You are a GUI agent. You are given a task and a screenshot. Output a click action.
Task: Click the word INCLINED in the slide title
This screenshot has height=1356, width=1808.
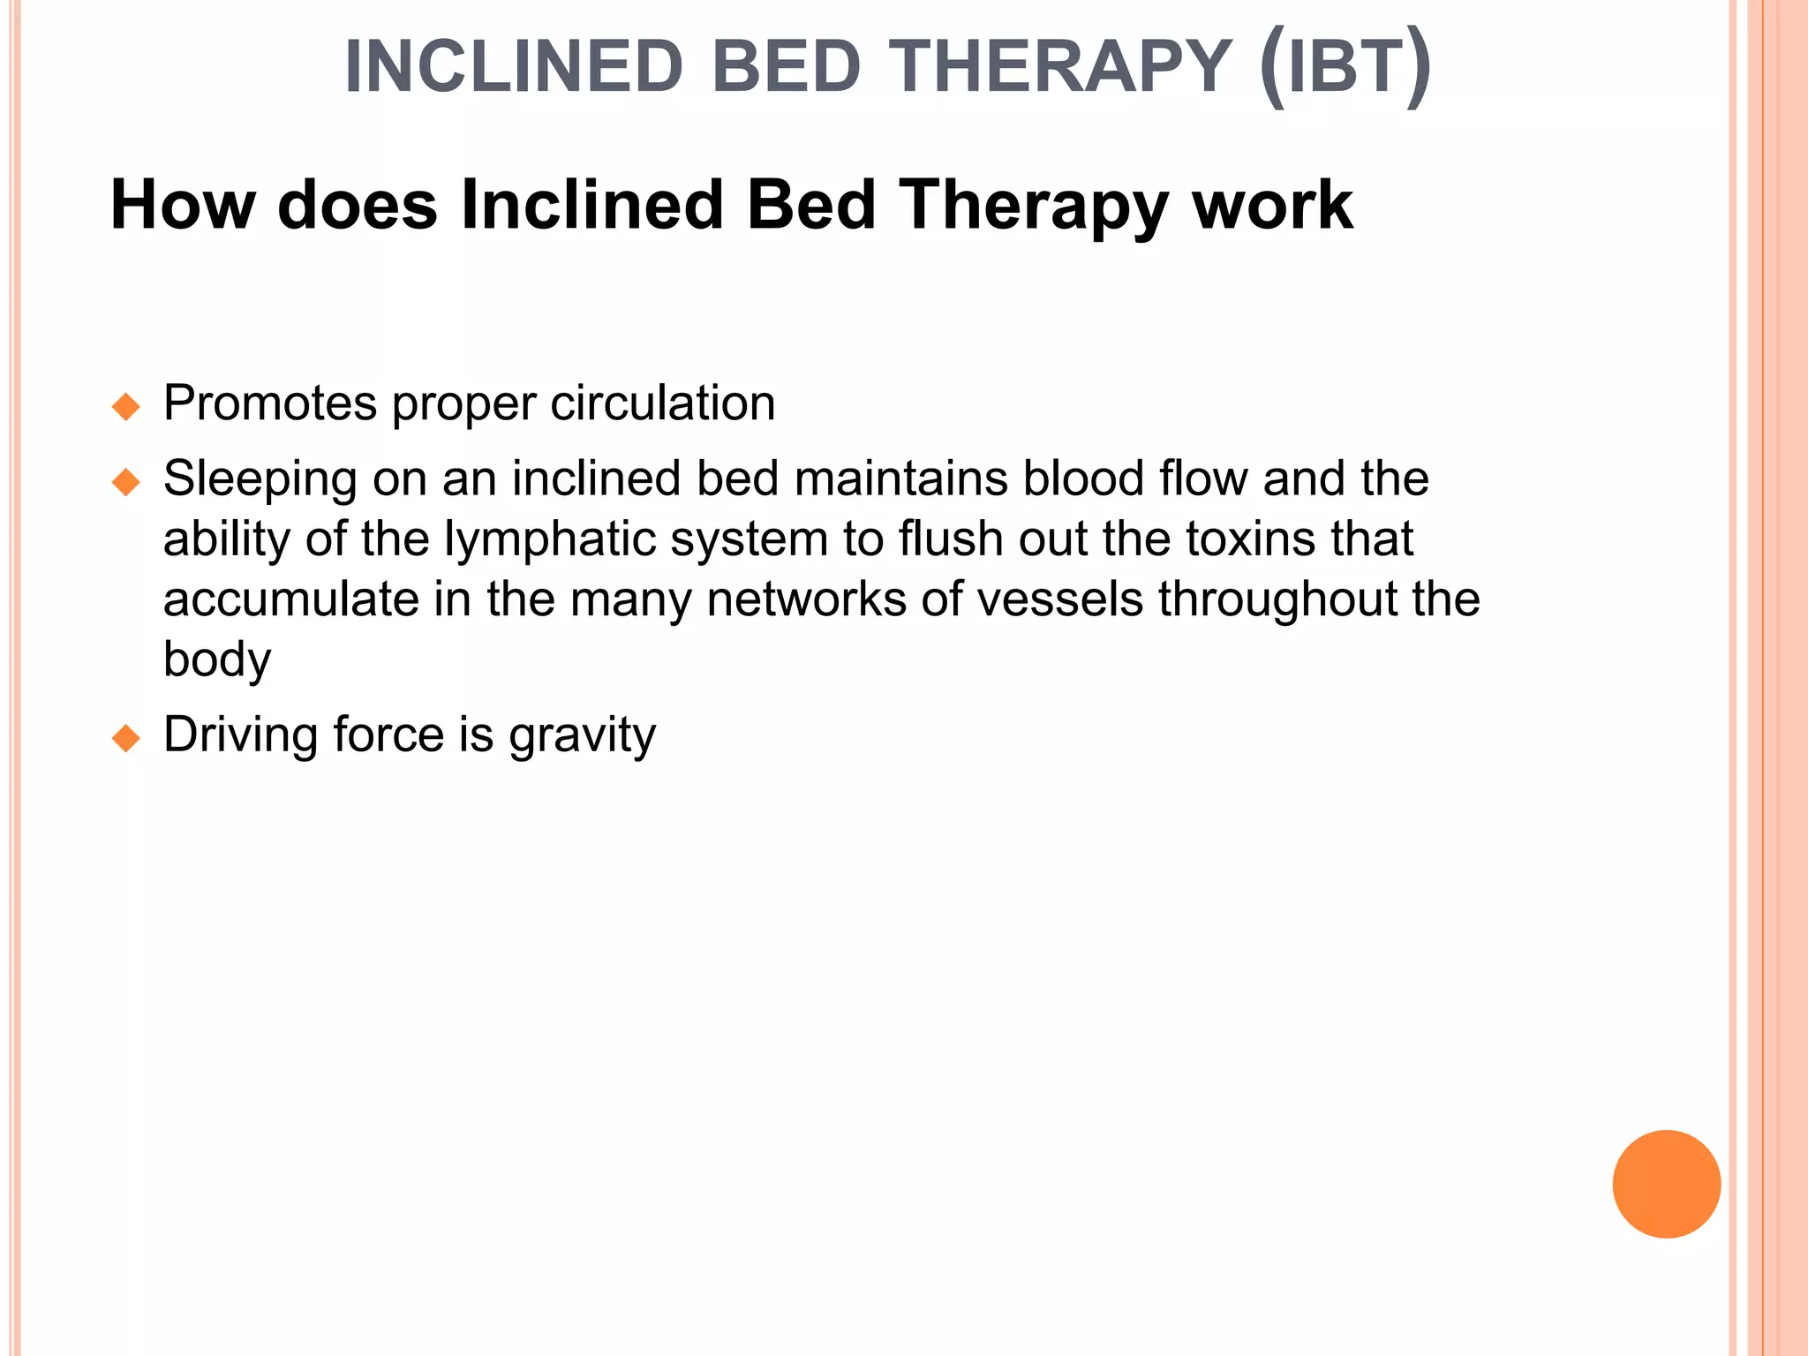514,67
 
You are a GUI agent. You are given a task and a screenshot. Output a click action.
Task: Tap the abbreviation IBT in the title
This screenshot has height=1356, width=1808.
1345,67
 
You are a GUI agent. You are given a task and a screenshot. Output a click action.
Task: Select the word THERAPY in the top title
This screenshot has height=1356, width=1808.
1060,67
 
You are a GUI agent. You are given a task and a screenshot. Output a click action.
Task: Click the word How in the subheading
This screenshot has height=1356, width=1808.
183,205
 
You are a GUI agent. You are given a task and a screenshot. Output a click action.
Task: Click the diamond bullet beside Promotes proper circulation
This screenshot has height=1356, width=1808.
126,407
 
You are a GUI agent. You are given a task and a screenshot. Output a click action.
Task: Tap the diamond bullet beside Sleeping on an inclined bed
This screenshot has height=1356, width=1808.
126,482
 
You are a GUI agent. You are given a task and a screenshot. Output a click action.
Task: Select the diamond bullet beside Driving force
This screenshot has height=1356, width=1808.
126,738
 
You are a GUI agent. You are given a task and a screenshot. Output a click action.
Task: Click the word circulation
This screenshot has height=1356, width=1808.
662,403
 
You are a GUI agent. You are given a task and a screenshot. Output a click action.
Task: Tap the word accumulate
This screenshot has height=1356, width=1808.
291,599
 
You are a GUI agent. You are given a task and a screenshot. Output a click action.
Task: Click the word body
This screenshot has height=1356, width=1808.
217,659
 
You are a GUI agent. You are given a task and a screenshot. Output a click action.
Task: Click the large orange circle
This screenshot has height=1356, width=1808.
1666,1184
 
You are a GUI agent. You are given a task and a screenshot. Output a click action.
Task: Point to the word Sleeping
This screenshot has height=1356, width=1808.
260,480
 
